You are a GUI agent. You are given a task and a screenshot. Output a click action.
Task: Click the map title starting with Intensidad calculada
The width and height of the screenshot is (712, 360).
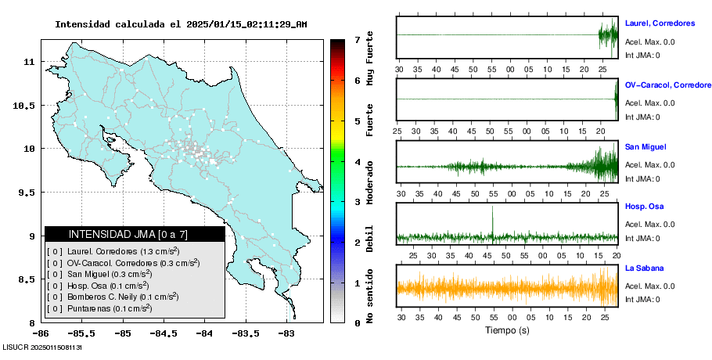(181, 24)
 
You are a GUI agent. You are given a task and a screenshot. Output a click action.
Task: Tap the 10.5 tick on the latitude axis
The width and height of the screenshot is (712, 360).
(26, 105)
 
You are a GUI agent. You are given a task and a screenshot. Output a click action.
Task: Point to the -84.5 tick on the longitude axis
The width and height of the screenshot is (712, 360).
(163, 333)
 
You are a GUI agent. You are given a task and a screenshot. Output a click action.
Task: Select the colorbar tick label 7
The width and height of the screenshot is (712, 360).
(357, 39)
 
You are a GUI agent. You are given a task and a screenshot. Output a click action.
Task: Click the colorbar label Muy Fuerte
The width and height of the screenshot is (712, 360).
(370, 62)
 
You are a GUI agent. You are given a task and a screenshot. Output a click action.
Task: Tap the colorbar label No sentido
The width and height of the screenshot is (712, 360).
(370, 297)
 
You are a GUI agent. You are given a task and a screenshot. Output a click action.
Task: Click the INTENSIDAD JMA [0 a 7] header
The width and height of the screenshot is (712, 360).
(135, 234)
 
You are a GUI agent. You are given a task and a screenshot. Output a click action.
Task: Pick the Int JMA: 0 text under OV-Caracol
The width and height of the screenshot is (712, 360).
(642, 117)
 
